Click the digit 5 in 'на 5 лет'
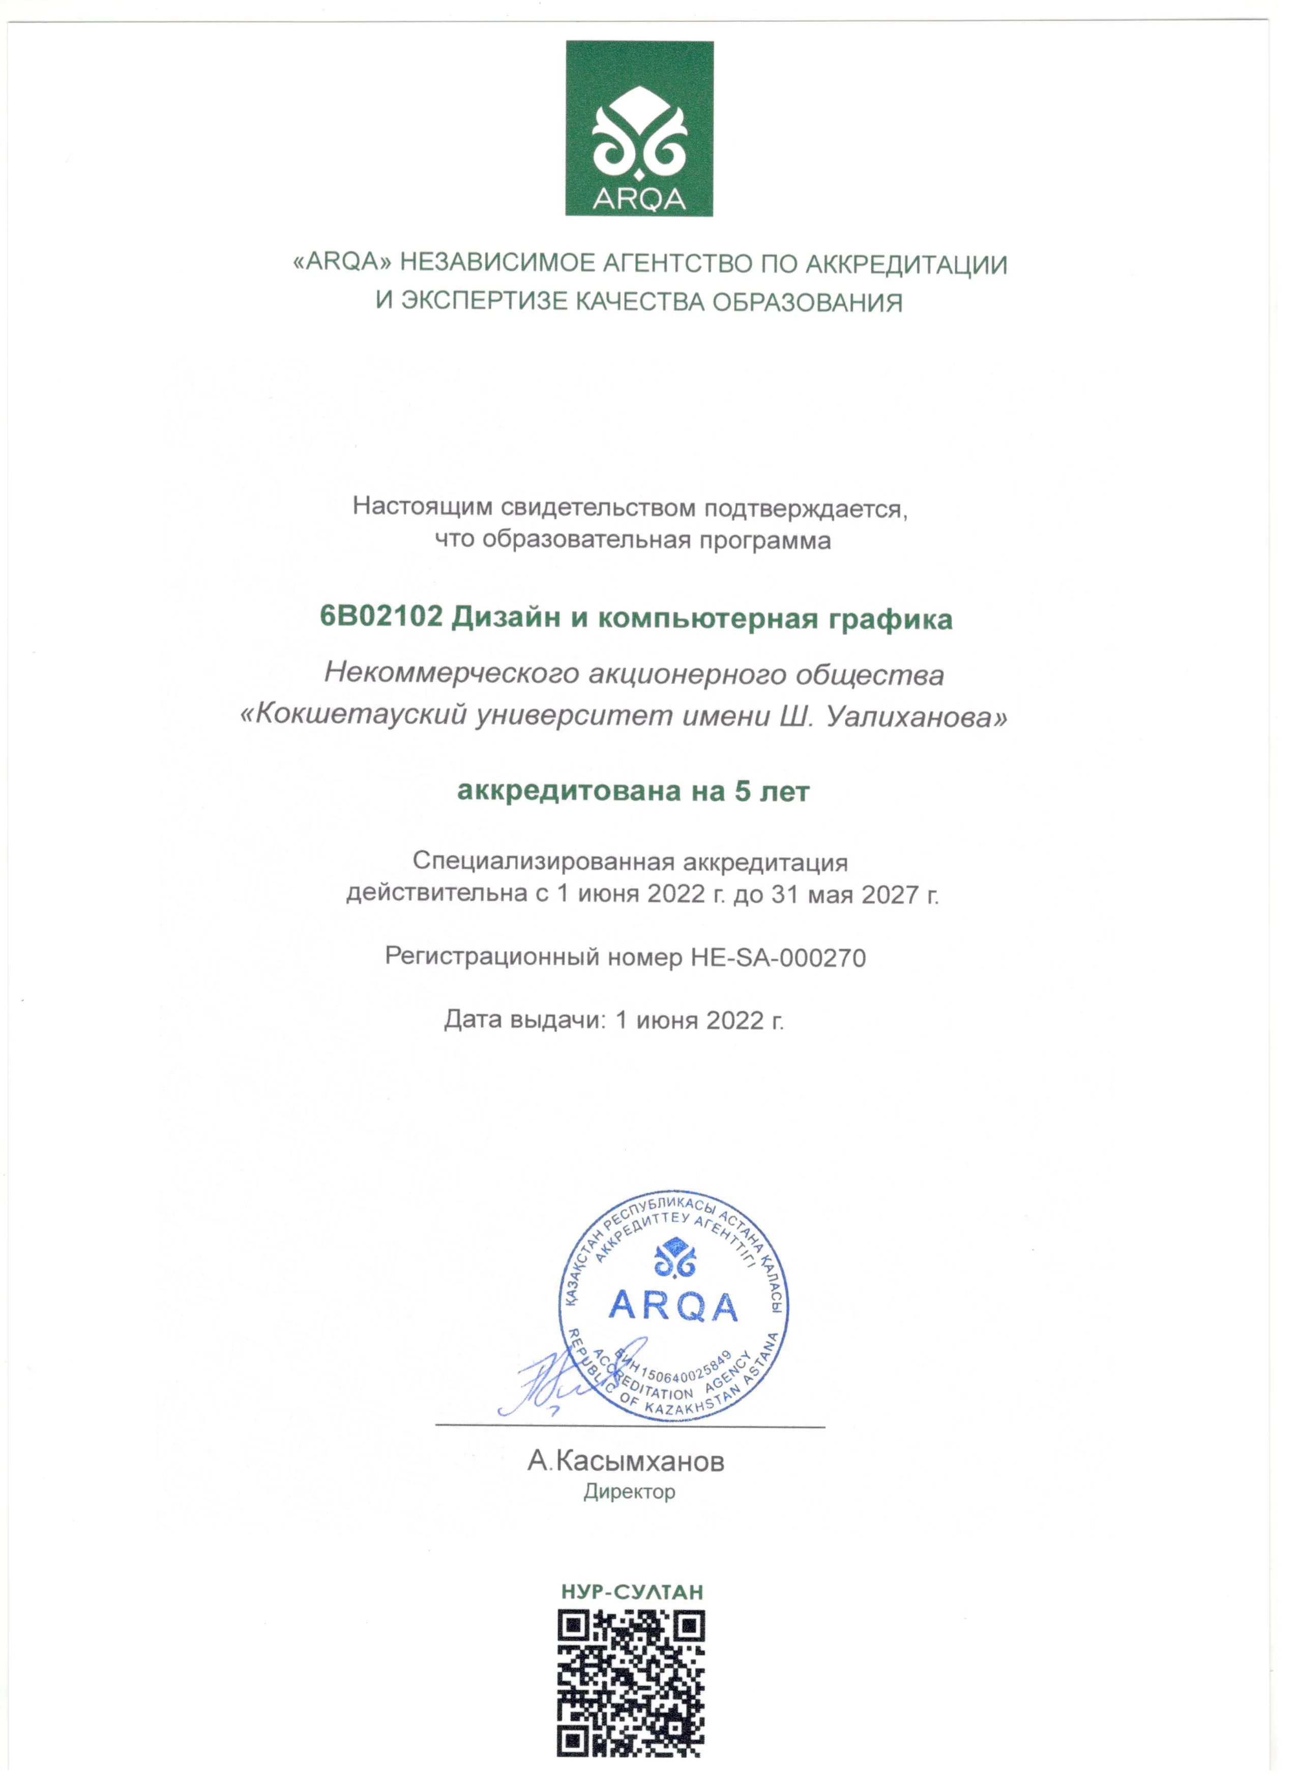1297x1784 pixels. [x=743, y=792]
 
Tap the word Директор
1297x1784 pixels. [x=629, y=1492]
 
